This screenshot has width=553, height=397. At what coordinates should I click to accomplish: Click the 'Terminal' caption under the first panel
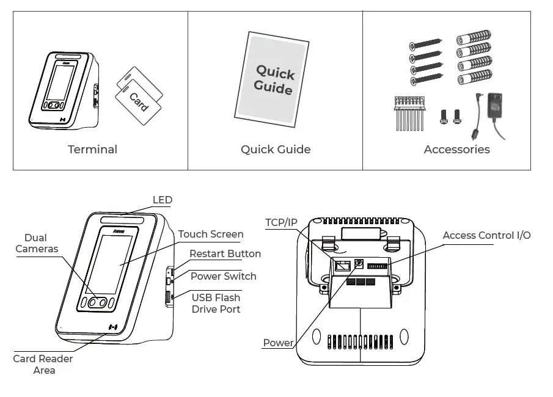pos(92,150)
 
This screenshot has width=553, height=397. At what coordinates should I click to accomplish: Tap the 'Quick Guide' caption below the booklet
pos(275,150)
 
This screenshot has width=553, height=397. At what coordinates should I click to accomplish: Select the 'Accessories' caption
pos(456,150)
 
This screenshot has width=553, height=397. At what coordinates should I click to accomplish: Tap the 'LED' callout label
pos(163,200)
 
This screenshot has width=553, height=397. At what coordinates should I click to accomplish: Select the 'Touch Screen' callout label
pos(211,234)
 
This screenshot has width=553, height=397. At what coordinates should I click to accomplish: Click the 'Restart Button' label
pos(225,253)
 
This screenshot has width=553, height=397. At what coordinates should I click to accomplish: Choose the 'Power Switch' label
pos(223,276)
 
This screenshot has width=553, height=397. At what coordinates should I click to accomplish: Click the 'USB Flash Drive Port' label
pos(216,304)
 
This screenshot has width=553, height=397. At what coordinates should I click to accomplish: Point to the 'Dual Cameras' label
pos(36,243)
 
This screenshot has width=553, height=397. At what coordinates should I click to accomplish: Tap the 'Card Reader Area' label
pos(43,364)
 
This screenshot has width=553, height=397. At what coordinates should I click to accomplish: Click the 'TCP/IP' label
pos(281,222)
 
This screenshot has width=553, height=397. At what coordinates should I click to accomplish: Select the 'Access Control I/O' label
pos(486,235)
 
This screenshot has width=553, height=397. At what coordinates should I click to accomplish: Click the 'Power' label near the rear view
pos(278,343)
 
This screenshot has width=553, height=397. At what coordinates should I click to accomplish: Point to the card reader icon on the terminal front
pos(113,327)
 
